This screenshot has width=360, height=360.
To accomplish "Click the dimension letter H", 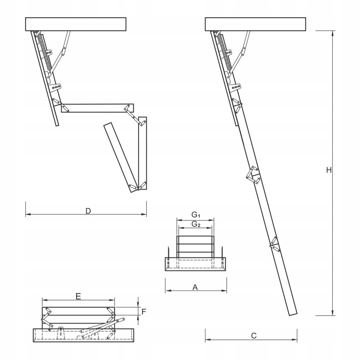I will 328,170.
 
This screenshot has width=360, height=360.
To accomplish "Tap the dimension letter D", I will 88,211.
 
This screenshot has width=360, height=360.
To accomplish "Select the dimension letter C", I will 254,335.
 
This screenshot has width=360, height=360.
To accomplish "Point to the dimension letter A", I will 195,287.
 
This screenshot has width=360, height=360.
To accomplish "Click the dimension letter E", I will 78,296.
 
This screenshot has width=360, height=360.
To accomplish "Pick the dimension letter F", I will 144,311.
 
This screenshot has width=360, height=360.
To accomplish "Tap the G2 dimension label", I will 196,224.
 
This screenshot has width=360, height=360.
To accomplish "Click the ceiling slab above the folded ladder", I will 75,24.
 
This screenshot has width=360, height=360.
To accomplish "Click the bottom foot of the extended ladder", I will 292,313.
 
